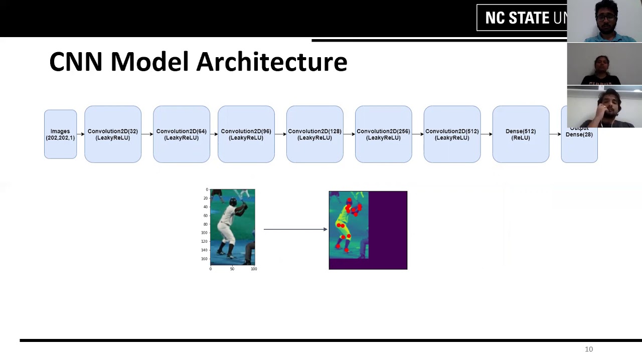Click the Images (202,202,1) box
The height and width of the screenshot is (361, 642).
(x=60, y=134)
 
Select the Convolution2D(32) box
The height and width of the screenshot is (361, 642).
(x=113, y=134)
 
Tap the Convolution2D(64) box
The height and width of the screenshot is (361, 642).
(x=181, y=134)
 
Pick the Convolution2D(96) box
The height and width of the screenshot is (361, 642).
(x=246, y=134)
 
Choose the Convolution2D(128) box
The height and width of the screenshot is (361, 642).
(x=314, y=134)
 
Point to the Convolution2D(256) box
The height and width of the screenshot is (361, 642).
(x=383, y=134)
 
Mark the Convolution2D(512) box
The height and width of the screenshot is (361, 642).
(x=452, y=134)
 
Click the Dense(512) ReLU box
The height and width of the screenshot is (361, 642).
(x=521, y=134)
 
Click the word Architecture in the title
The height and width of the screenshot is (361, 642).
(x=271, y=62)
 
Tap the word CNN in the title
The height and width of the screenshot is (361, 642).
(x=76, y=62)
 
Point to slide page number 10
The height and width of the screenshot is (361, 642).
(x=589, y=349)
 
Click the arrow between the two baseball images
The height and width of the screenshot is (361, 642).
(x=295, y=229)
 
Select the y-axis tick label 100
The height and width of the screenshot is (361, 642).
(x=204, y=233)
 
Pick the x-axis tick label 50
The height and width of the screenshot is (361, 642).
(x=232, y=269)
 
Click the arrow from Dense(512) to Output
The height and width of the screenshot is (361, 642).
(x=555, y=134)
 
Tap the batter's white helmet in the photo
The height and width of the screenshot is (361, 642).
(x=233, y=202)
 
